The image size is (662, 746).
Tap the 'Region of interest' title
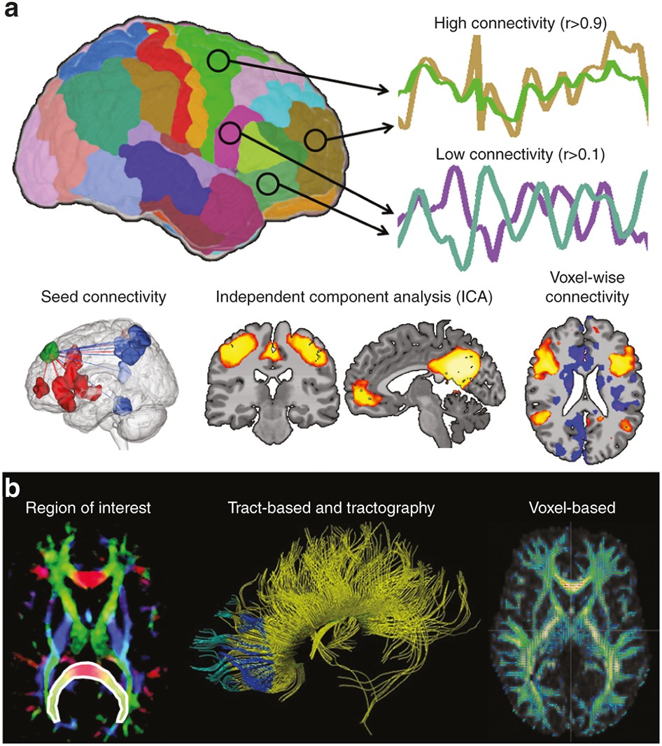88,508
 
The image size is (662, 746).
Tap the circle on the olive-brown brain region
316,140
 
